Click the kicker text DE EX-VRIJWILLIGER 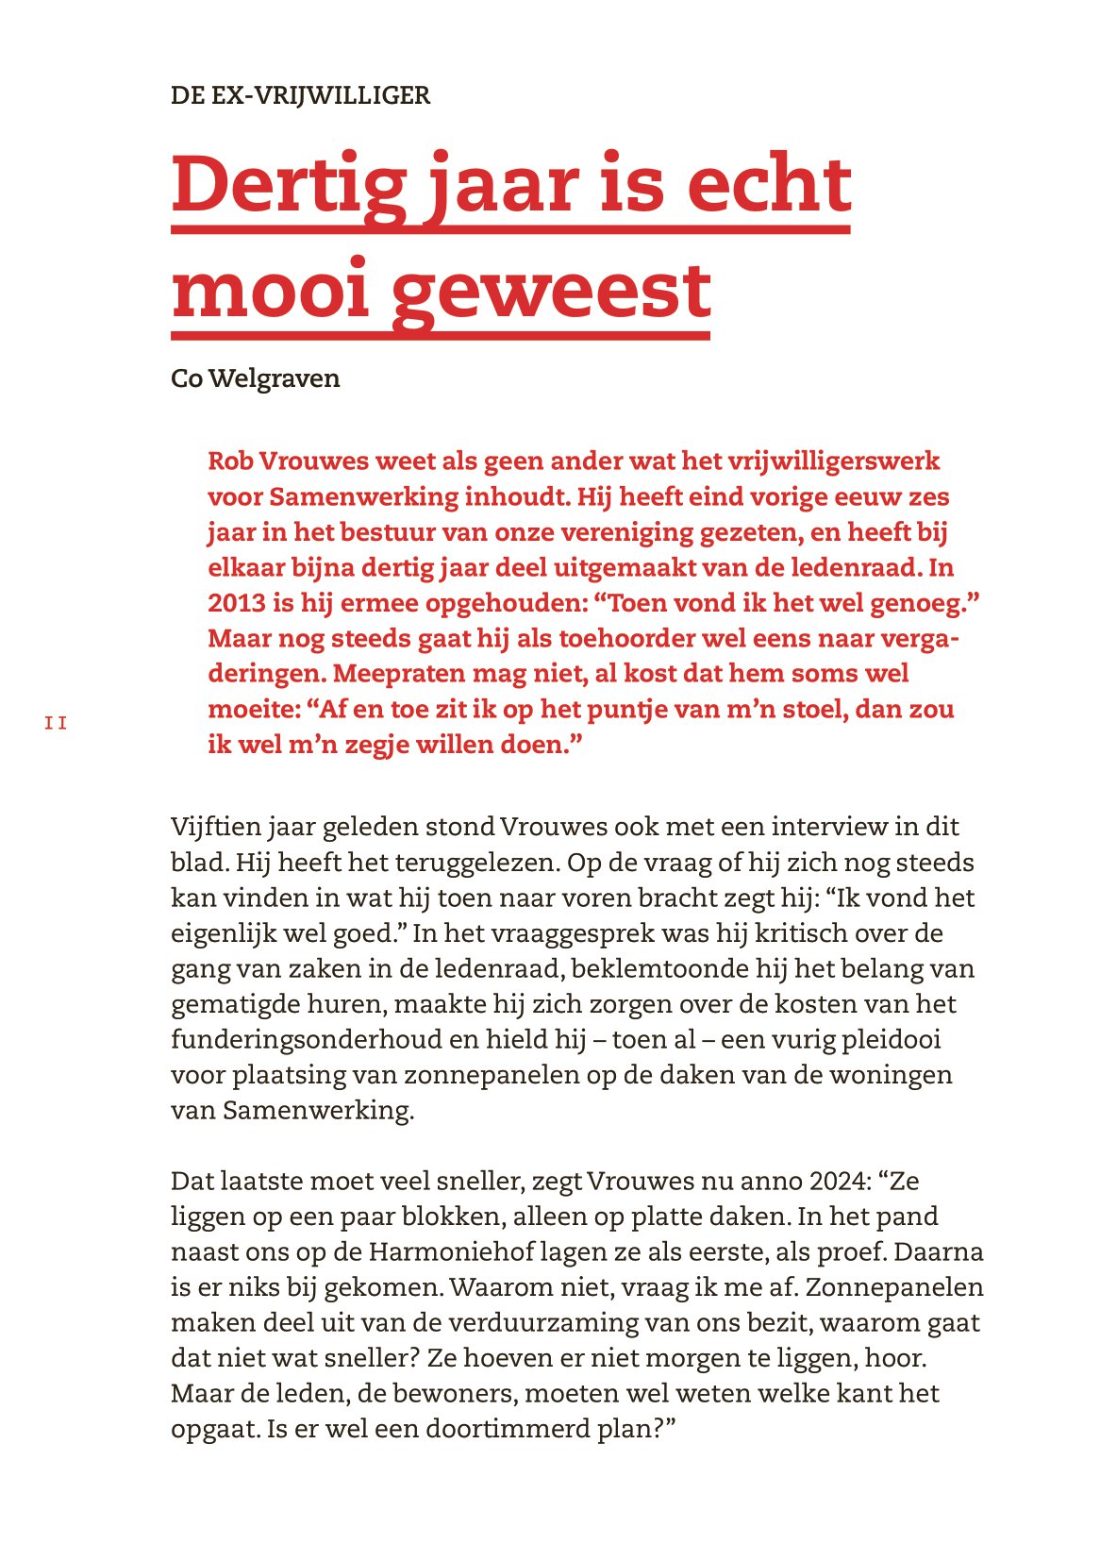[x=300, y=95]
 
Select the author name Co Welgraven [x=255, y=378]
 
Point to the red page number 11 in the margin [x=56, y=724]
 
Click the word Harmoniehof [x=450, y=1251]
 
